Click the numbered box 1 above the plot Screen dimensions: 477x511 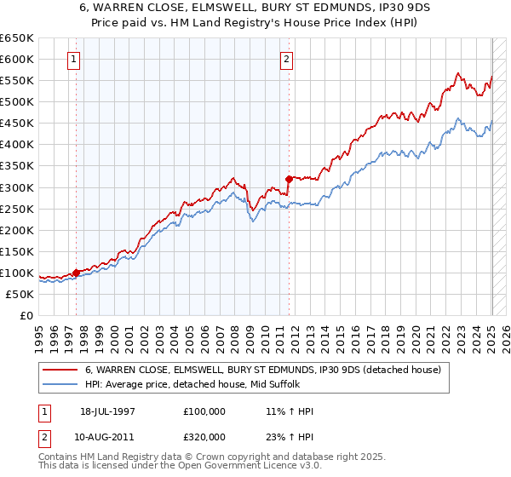click(x=75, y=60)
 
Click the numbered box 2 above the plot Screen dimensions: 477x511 click(x=286, y=60)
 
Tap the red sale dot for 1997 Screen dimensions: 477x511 click(x=76, y=273)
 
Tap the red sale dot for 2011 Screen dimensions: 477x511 click(x=290, y=179)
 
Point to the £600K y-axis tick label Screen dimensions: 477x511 click(x=16, y=59)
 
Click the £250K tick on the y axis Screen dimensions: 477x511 click(x=16, y=209)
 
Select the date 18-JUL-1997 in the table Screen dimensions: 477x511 click(x=107, y=411)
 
